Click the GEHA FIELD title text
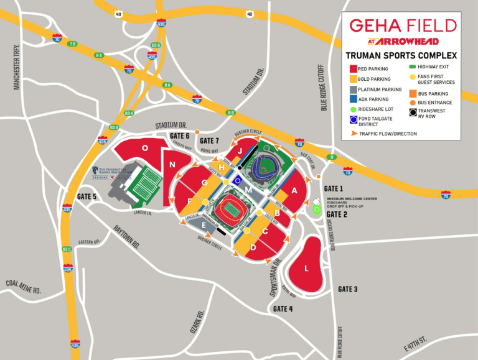coord(403,25)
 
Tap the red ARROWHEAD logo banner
coord(403,41)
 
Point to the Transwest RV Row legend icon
coord(413,113)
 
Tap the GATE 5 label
coord(87,196)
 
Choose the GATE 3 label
coord(348,289)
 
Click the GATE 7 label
coord(210,140)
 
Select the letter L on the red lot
coord(306,268)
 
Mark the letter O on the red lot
coord(144,148)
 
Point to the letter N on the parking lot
coord(172,164)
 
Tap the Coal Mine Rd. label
coord(23,287)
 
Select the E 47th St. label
coord(415,341)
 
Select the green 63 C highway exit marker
coord(67,249)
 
